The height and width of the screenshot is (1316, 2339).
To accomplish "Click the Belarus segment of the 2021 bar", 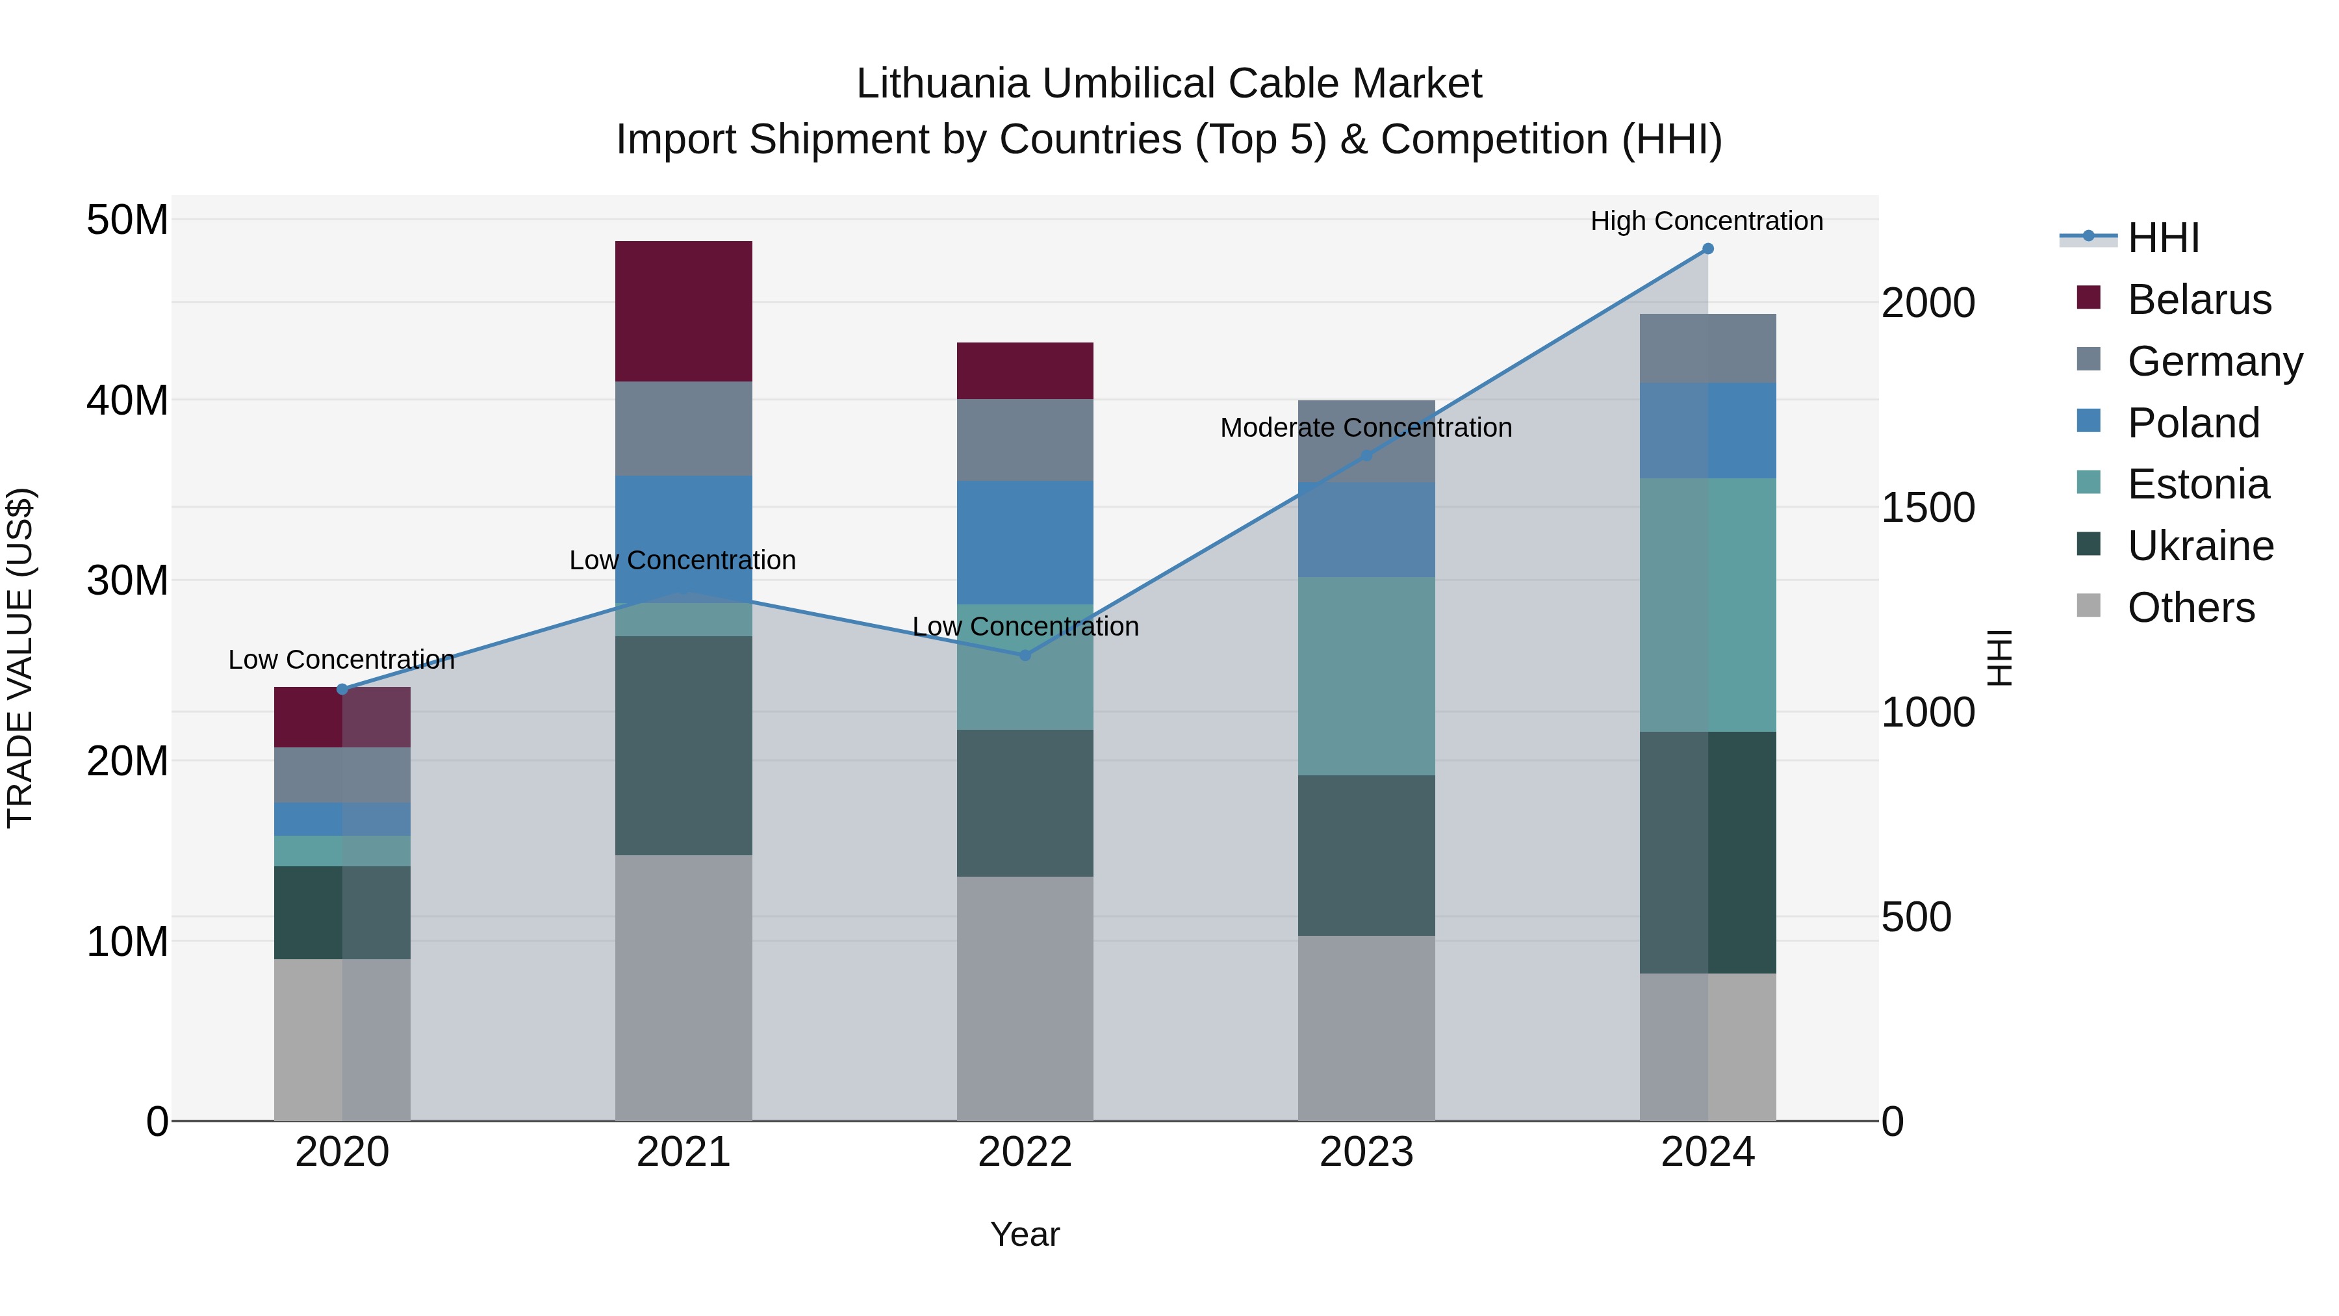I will pyautogui.click(x=683, y=311).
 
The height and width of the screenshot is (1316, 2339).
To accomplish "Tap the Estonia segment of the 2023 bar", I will pyautogui.click(x=1366, y=676).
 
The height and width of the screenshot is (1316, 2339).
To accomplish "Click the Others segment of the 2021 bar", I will pyautogui.click(x=683, y=987).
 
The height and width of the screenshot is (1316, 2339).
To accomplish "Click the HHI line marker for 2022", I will pyautogui.click(x=1025, y=655).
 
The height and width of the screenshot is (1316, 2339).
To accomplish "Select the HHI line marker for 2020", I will pyautogui.click(x=342, y=690).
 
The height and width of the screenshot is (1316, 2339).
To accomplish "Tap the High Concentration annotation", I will pyautogui.click(x=1706, y=221).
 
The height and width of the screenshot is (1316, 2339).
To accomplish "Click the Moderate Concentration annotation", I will pyautogui.click(x=1366, y=428).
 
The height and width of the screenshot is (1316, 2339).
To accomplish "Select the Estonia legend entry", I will pyautogui.click(x=2197, y=484).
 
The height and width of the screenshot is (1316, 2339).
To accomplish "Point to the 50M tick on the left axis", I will pyautogui.click(x=127, y=220).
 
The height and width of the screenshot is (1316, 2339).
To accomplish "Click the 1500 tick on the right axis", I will pyautogui.click(x=1927, y=508).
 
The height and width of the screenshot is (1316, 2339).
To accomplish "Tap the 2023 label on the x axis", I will pyautogui.click(x=1366, y=1152).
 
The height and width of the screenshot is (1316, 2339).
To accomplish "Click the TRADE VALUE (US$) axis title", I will pyautogui.click(x=21, y=658).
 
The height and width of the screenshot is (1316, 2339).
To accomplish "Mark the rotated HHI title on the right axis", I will pyautogui.click(x=1999, y=658).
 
